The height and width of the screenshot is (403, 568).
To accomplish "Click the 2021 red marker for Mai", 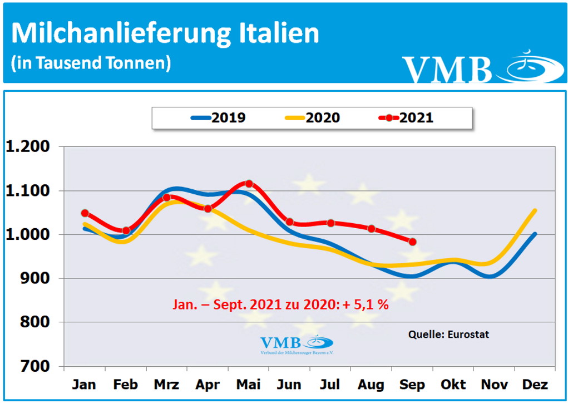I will tap(249, 184).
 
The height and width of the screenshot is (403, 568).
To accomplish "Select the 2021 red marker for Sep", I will tap(412, 242).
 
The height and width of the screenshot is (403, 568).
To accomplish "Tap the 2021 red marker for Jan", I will tap(85, 213).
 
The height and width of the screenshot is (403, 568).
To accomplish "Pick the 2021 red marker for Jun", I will tap(289, 222).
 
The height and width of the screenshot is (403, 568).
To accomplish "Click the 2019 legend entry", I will tap(218, 118).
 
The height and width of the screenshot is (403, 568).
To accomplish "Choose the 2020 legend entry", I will tap(312, 118).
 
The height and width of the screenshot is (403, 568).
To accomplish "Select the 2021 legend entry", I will tap(406, 118).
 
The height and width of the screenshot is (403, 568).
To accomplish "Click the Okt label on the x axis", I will tap(453, 385).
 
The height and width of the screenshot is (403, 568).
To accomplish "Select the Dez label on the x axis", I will tap(535, 385).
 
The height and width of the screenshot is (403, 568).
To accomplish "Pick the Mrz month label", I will tap(166, 385).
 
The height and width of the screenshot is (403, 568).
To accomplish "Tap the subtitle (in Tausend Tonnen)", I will tap(91, 63).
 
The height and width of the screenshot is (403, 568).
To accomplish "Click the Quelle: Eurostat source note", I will tap(449, 335).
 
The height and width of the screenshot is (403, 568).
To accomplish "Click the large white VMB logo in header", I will tap(448, 69).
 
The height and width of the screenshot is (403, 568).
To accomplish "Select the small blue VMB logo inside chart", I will tap(296, 344).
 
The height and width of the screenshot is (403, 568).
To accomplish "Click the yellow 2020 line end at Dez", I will tap(535, 210).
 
